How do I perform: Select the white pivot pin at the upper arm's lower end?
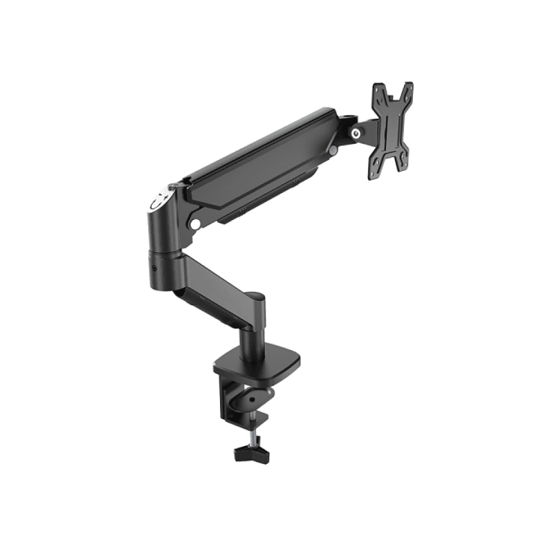coord(195,223)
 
